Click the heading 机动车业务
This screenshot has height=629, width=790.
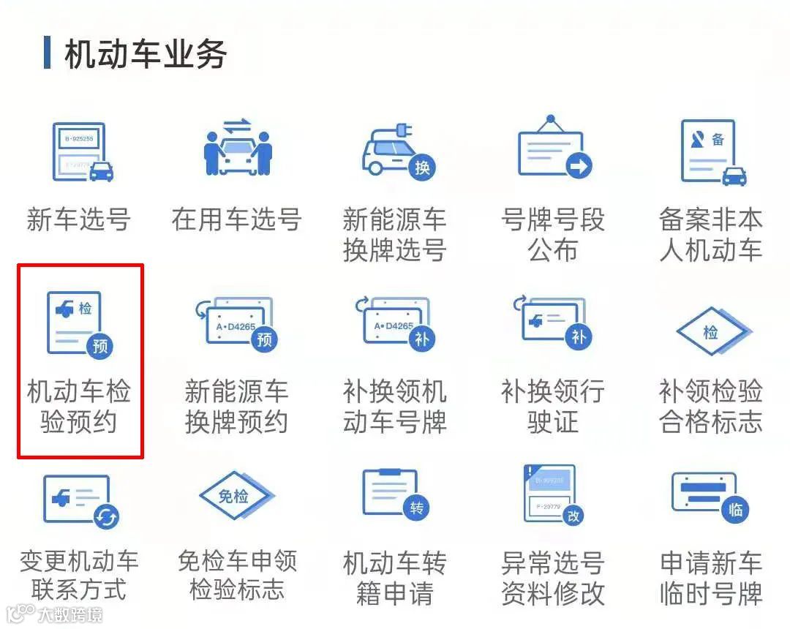click(x=145, y=55)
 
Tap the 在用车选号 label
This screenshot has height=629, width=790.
click(x=236, y=219)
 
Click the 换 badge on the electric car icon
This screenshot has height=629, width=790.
click(x=422, y=167)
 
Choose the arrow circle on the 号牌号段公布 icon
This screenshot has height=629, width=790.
click(x=579, y=167)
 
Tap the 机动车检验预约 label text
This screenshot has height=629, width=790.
click(x=79, y=407)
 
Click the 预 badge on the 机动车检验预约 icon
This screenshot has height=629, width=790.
click(x=100, y=346)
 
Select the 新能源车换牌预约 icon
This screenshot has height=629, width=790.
click(x=236, y=322)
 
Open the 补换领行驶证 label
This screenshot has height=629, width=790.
click(x=553, y=407)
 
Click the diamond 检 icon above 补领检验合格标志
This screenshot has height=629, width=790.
click(x=711, y=333)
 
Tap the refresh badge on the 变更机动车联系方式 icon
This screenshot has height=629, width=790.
click(x=107, y=517)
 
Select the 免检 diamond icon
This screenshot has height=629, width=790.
click(x=235, y=497)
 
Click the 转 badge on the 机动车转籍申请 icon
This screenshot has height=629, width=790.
click(x=416, y=508)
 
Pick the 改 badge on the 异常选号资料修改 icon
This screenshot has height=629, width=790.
click(x=573, y=516)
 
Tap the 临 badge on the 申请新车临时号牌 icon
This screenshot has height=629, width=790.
click(x=735, y=510)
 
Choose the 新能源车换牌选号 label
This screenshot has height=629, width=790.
click(x=395, y=234)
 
